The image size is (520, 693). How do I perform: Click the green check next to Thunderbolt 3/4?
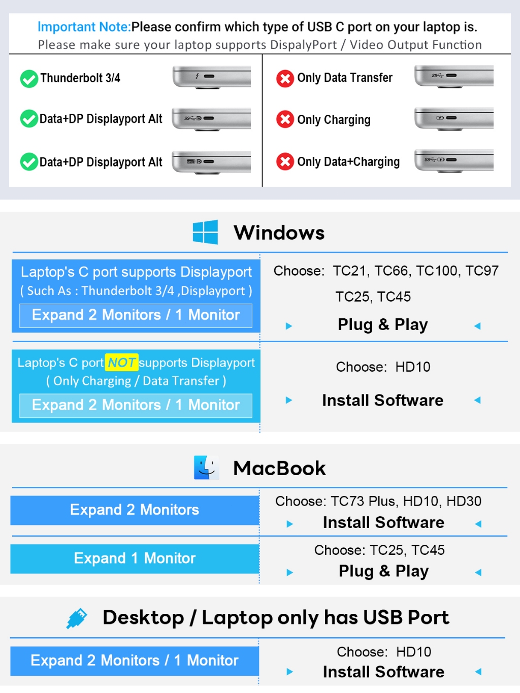29,79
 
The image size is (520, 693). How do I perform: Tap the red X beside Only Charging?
285,119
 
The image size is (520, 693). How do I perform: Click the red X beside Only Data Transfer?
285,78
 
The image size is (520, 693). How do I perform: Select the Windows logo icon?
205,232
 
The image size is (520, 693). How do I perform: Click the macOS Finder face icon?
207,467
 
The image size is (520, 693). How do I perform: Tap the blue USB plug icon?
77,618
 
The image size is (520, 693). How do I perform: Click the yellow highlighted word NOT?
121,362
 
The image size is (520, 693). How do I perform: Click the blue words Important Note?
84,27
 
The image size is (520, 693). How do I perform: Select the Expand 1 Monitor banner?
135,558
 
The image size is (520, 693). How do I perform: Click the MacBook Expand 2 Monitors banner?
135,510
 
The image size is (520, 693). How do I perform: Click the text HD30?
464,501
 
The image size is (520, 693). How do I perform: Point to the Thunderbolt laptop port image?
212,77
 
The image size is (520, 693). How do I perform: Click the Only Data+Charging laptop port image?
454,161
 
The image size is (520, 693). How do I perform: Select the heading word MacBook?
279,468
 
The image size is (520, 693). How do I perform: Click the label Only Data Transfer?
345,78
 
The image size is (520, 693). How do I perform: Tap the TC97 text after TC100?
482,271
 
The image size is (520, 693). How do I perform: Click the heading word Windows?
279,233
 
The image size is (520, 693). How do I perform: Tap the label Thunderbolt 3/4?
80,78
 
